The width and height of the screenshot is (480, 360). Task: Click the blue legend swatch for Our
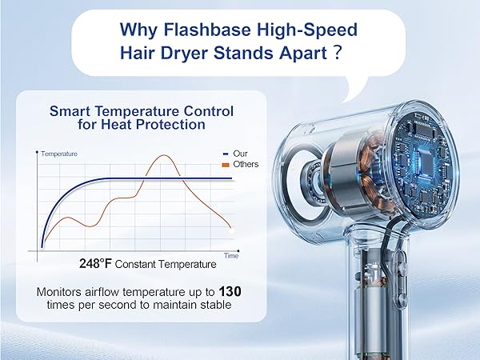(224, 153)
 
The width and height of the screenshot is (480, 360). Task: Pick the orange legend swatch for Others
(224, 164)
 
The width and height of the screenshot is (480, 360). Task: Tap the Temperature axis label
(59, 153)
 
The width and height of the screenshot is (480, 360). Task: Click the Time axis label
(230, 256)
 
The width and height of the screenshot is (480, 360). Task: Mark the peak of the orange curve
(166, 155)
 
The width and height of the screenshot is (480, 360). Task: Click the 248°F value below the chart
(96, 263)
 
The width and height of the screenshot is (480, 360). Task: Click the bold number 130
(230, 291)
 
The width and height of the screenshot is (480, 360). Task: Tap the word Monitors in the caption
(63, 292)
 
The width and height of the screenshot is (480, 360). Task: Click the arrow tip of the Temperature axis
(38, 150)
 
